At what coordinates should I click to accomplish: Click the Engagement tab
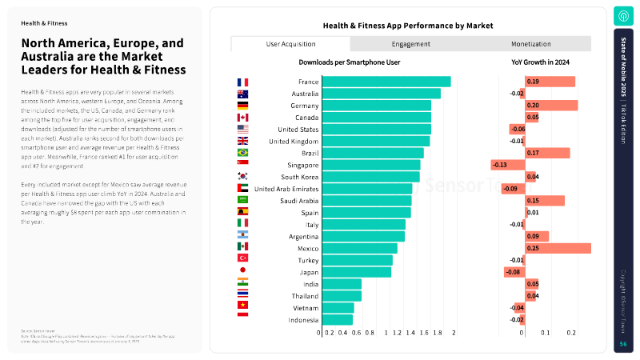pos(411,44)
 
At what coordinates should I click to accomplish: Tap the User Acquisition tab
pos(290,44)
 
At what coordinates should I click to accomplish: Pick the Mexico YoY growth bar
pos(558,248)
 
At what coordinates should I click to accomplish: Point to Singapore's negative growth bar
pos(507,165)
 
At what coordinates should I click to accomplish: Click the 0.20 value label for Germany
pos(533,106)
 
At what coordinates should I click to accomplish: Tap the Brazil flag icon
pos(243,153)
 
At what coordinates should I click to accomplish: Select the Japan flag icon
pos(243,271)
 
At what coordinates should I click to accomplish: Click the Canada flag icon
pos(243,118)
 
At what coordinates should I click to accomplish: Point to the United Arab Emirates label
pos(286,189)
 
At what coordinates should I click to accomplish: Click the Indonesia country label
pos(303,320)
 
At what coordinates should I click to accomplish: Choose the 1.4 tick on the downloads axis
pos(410,333)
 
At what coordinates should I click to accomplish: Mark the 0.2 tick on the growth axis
pos(571,333)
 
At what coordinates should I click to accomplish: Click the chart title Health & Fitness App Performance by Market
pos(407,26)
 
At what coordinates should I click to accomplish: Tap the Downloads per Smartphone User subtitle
pos(349,62)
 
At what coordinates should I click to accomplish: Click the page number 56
pos(623,344)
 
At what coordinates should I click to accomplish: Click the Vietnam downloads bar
pos(337,308)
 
